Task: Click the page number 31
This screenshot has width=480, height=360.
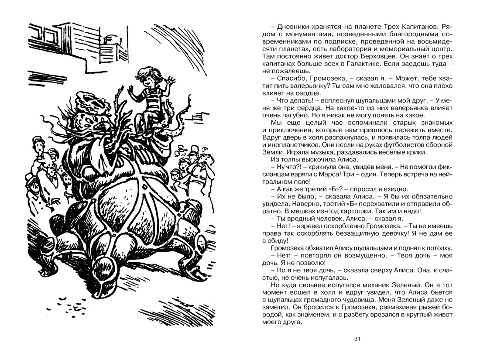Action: [358, 339]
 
